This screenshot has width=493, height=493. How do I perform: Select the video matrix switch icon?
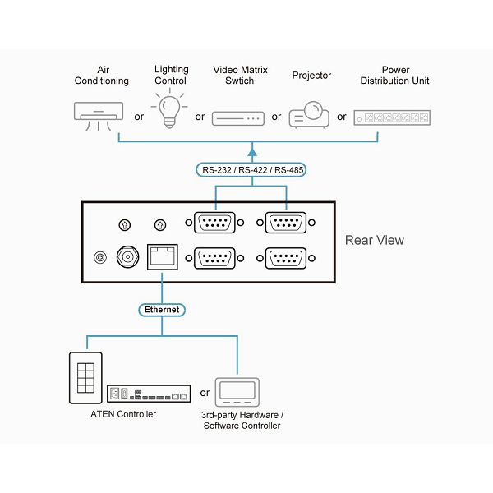coord(238,118)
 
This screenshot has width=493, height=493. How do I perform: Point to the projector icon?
coord(309,114)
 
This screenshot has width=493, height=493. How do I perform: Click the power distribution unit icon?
coord(392,117)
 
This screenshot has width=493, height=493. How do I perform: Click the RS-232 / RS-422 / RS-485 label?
coord(251,170)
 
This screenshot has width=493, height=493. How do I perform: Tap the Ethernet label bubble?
coord(162,310)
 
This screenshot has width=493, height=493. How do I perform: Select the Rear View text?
coord(375,240)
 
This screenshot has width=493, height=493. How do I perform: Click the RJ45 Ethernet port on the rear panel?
coord(162,257)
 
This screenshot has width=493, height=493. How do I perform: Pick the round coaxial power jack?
coord(127,257)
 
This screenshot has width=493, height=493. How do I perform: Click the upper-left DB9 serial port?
coord(214,223)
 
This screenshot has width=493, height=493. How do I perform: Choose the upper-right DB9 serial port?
coord(286,223)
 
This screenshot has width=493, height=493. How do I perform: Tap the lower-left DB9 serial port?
coord(214,258)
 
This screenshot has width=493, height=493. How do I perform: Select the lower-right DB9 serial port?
coord(286,258)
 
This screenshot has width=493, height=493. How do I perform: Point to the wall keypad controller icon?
coord(85,378)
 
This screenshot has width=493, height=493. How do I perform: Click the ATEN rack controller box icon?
coord(149,394)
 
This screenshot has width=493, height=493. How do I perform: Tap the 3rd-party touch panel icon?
coord(237,392)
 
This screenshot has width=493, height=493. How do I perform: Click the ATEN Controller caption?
coord(123,414)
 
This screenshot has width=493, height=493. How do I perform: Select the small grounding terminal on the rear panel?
coord(100,257)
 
